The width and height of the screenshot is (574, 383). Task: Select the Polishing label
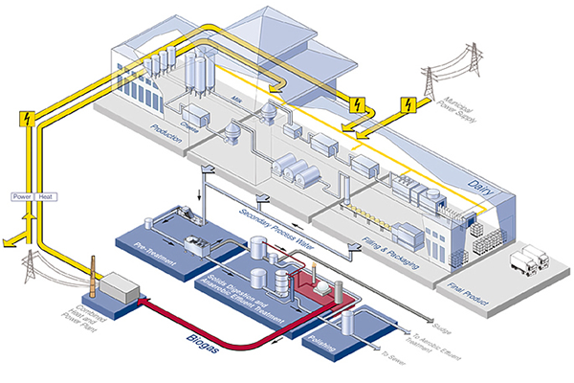[320, 342]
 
